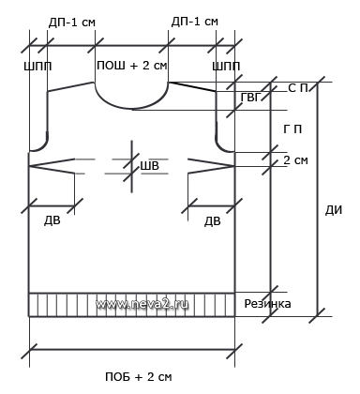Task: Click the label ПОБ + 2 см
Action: click(139, 377)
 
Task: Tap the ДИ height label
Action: click(334, 210)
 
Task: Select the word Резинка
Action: click(267, 304)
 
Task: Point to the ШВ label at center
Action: click(149, 165)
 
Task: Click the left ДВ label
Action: click(52, 220)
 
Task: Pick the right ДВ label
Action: click(213, 221)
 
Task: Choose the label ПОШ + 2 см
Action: click(132, 66)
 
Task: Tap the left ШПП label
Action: click(37, 67)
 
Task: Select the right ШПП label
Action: click(226, 67)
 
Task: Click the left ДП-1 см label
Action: click(72, 23)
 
